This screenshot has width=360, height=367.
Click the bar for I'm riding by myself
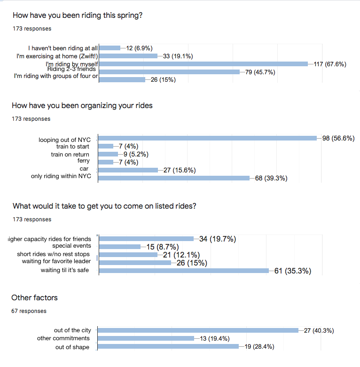tap(203, 64)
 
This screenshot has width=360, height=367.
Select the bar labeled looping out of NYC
tap(207, 138)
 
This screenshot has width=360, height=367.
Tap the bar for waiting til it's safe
tap(183, 271)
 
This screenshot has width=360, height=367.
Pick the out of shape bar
tap(168, 347)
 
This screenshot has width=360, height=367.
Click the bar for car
tap(128, 170)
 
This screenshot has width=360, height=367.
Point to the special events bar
tap(119, 247)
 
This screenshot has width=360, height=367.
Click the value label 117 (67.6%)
tap(330, 64)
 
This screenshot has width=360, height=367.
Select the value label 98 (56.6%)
tap(338, 138)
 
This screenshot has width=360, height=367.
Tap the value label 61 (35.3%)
tap(292, 271)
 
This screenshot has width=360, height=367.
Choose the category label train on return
tap(70, 154)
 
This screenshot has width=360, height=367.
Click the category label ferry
tap(83, 161)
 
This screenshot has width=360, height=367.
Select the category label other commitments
tap(63, 338)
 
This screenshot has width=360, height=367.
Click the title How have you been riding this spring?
tap(78, 16)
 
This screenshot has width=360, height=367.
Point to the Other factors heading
tap(34, 298)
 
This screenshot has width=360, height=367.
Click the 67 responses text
tap(29, 311)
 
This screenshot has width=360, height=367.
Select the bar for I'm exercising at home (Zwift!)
tap(128, 56)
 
